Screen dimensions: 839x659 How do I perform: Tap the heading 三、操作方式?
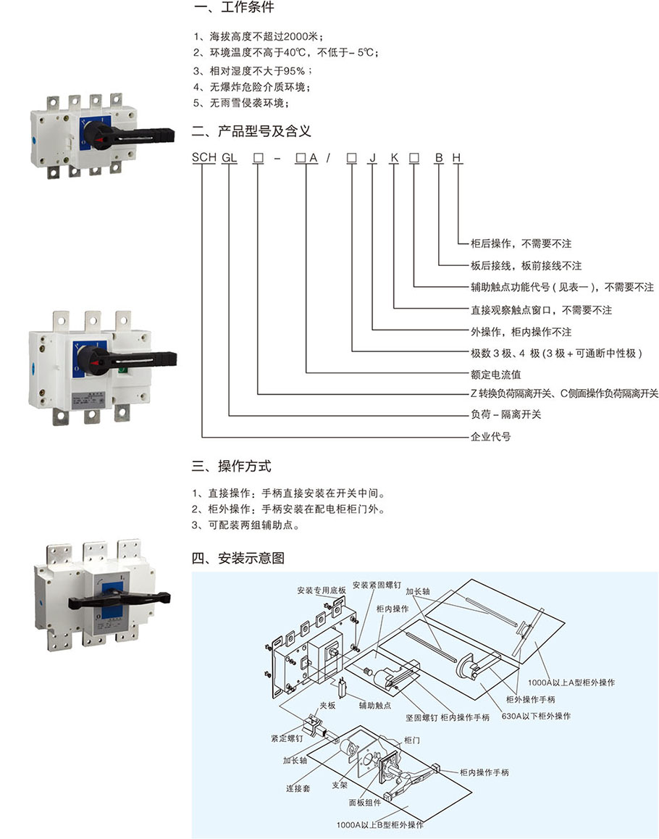coord(232,466)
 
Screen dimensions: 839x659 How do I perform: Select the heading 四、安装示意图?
coord(238,558)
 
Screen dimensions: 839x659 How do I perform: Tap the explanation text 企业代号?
coord(490,437)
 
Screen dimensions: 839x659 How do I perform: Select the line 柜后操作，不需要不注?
coord(521,244)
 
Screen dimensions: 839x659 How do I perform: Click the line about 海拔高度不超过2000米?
coord(257,36)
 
